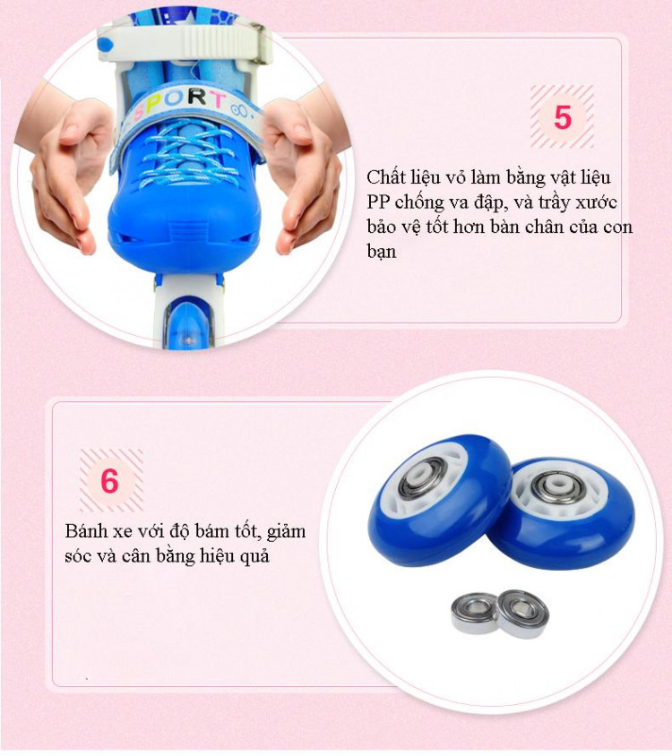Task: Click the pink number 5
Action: point(563,117)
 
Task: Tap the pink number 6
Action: point(110,480)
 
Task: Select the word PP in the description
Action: point(378,202)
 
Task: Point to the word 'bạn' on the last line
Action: point(381,251)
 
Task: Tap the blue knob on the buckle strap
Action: point(105,45)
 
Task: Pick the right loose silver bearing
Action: point(522,613)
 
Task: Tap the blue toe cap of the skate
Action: point(185,227)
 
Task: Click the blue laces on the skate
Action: point(188,154)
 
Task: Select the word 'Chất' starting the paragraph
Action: point(385,177)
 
